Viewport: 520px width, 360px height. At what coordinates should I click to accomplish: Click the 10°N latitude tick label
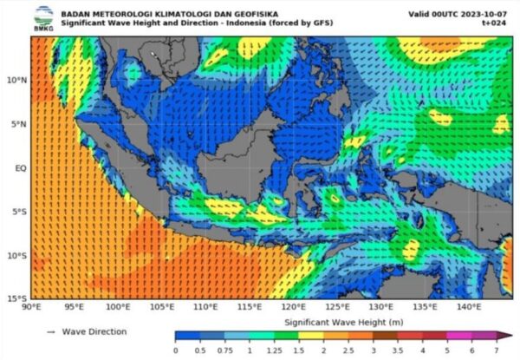pos(17,81)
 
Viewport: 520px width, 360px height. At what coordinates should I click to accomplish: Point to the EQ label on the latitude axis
pos(20,167)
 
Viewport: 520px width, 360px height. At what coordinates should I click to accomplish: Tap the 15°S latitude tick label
pos(17,298)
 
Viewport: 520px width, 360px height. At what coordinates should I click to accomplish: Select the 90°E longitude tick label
pos(32,307)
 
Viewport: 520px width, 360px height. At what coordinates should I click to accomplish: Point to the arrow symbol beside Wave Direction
pos(51,331)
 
